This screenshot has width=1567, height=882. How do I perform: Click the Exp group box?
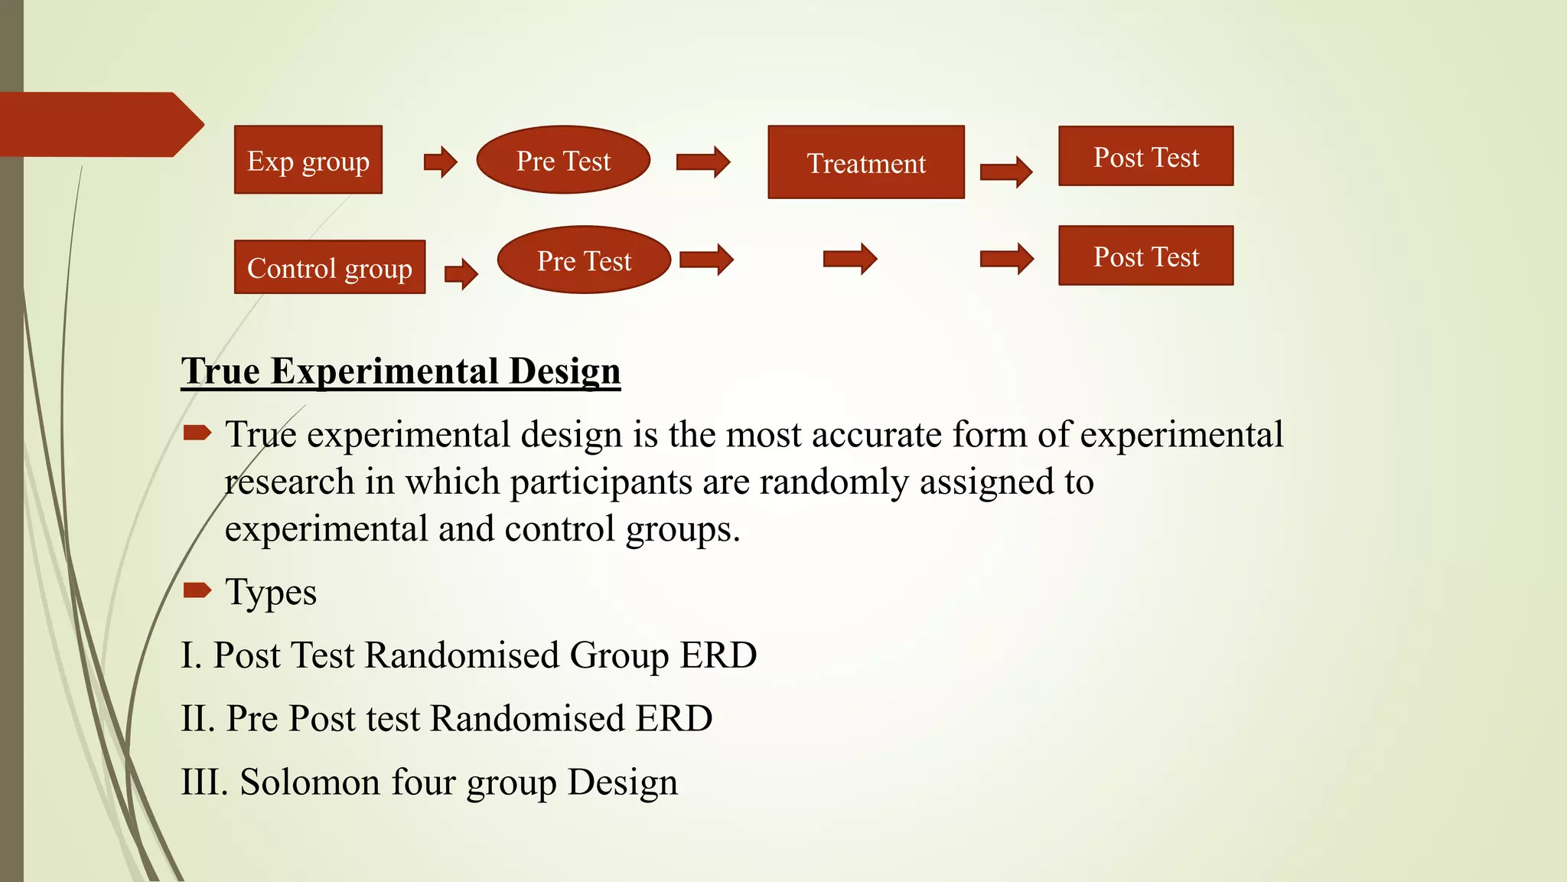pyautogui.click(x=308, y=160)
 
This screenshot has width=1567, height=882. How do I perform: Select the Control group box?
pyautogui.click(x=329, y=267)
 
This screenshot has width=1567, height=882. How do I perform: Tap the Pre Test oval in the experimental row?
pyautogui.click(x=563, y=160)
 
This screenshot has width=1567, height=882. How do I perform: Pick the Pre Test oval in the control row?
pyautogui.click(x=584, y=260)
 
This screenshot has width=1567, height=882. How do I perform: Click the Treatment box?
pyautogui.click(x=865, y=162)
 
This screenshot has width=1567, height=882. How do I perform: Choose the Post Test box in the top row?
pyautogui.click(x=1145, y=156)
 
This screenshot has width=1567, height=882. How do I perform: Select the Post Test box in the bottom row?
pyautogui.click(x=1145, y=256)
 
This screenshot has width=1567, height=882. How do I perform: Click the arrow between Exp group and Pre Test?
pyautogui.click(x=441, y=162)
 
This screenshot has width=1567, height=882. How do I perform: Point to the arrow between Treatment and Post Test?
pyautogui.click(x=1006, y=171)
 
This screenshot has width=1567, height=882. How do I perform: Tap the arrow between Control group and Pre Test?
pyautogui.click(x=461, y=273)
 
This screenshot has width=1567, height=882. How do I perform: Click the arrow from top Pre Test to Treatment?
pyautogui.click(x=703, y=162)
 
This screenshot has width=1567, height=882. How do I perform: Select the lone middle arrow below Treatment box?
pyautogui.click(x=850, y=259)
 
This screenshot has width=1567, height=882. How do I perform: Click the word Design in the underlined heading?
pyautogui.click(x=565, y=371)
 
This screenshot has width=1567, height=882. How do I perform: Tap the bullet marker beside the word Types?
pyautogui.click(x=197, y=590)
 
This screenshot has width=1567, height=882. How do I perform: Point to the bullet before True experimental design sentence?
pyautogui.click(x=197, y=433)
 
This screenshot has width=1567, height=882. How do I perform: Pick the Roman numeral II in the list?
pyautogui.click(x=197, y=719)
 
